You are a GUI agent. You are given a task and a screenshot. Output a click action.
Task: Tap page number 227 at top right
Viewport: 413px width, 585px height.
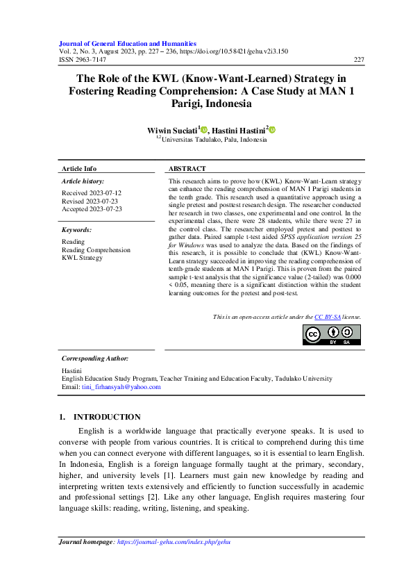(359, 60)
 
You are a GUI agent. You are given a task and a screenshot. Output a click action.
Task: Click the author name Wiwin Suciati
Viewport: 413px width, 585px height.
(172, 129)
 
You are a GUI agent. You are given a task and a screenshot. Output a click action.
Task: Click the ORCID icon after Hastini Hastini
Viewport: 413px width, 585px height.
(273, 129)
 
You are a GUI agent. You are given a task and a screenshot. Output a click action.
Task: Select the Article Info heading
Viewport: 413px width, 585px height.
(79, 169)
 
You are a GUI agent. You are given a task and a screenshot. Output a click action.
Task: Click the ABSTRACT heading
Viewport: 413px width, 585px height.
(187, 169)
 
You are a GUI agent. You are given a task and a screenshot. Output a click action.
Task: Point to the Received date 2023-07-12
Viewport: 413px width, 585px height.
(92, 192)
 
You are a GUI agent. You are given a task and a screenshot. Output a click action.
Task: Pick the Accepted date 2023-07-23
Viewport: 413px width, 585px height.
(92, 208)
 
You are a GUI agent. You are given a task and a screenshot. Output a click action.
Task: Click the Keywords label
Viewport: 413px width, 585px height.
(77, 229)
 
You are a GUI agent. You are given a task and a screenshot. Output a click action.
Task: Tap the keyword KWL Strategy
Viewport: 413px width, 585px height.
(82, 258)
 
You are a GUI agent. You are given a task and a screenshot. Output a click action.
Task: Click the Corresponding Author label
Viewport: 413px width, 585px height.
(95, 358)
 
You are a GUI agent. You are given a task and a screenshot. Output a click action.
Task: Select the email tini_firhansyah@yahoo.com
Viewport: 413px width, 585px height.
(121, 387)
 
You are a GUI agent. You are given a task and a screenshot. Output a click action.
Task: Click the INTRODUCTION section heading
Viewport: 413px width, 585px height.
(107, 417)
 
